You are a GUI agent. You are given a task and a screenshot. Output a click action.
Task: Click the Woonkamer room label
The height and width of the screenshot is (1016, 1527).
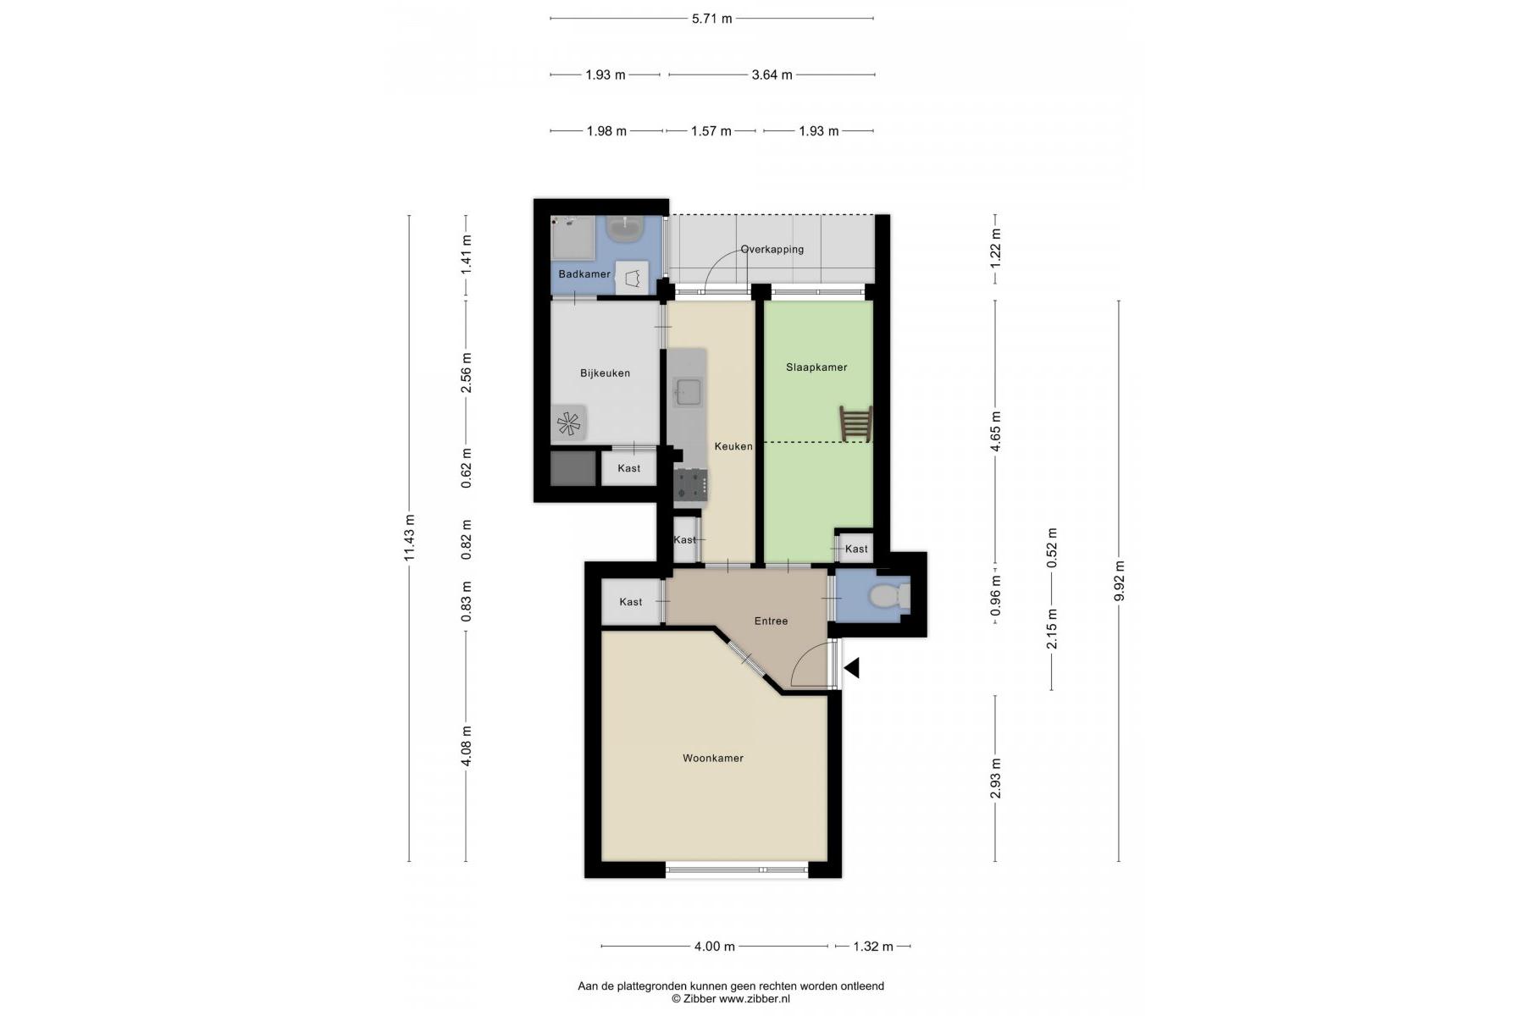click(x=713, y=758)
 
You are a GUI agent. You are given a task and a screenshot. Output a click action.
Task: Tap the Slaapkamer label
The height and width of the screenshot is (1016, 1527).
click(x=816, y=367)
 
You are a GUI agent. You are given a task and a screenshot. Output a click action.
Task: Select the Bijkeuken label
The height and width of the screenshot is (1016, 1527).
click(x=605, y=373)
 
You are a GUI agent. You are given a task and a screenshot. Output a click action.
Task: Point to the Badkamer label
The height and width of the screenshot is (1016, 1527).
click(x=584, y=274)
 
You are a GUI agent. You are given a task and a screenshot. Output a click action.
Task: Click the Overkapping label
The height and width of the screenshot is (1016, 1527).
click(x=772, y=249)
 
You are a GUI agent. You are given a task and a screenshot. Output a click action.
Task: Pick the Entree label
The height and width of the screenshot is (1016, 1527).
click(x=771, y=621)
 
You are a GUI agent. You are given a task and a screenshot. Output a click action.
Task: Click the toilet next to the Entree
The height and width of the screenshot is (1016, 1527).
click(x=888, y=596)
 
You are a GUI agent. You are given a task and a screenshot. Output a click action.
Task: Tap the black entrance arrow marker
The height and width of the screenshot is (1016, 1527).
click(x=852, y=668)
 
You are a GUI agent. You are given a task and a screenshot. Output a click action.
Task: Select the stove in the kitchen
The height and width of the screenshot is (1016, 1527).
click(x=690, y=485)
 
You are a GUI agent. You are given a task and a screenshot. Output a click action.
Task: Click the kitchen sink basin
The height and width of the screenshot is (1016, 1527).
click(x=687, y=390)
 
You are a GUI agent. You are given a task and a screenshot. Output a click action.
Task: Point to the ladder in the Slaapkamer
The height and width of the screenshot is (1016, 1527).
click(x=855, y=423)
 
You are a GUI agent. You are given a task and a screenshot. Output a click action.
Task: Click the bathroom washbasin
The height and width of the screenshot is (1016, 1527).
click(x=628, y=229)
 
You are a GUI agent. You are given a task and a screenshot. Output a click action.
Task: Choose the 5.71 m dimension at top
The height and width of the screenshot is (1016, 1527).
click(x=711, y=18)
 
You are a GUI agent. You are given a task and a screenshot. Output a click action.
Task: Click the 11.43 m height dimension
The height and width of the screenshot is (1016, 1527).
click(x=409, y=538)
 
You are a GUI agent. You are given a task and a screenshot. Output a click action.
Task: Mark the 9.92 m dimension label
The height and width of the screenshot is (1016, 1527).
click(x=1119, y=581)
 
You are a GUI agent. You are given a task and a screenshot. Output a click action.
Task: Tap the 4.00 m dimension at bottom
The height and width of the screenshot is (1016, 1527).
click(x=714, y=946)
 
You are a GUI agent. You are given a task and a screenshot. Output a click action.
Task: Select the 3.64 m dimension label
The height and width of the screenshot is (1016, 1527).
click(x=772, y=75)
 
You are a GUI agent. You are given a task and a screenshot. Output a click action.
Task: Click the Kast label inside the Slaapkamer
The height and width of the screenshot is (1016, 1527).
click(x=856, y=549)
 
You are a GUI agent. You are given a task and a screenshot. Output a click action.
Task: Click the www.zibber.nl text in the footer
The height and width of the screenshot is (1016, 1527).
click(x=755, y=999)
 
